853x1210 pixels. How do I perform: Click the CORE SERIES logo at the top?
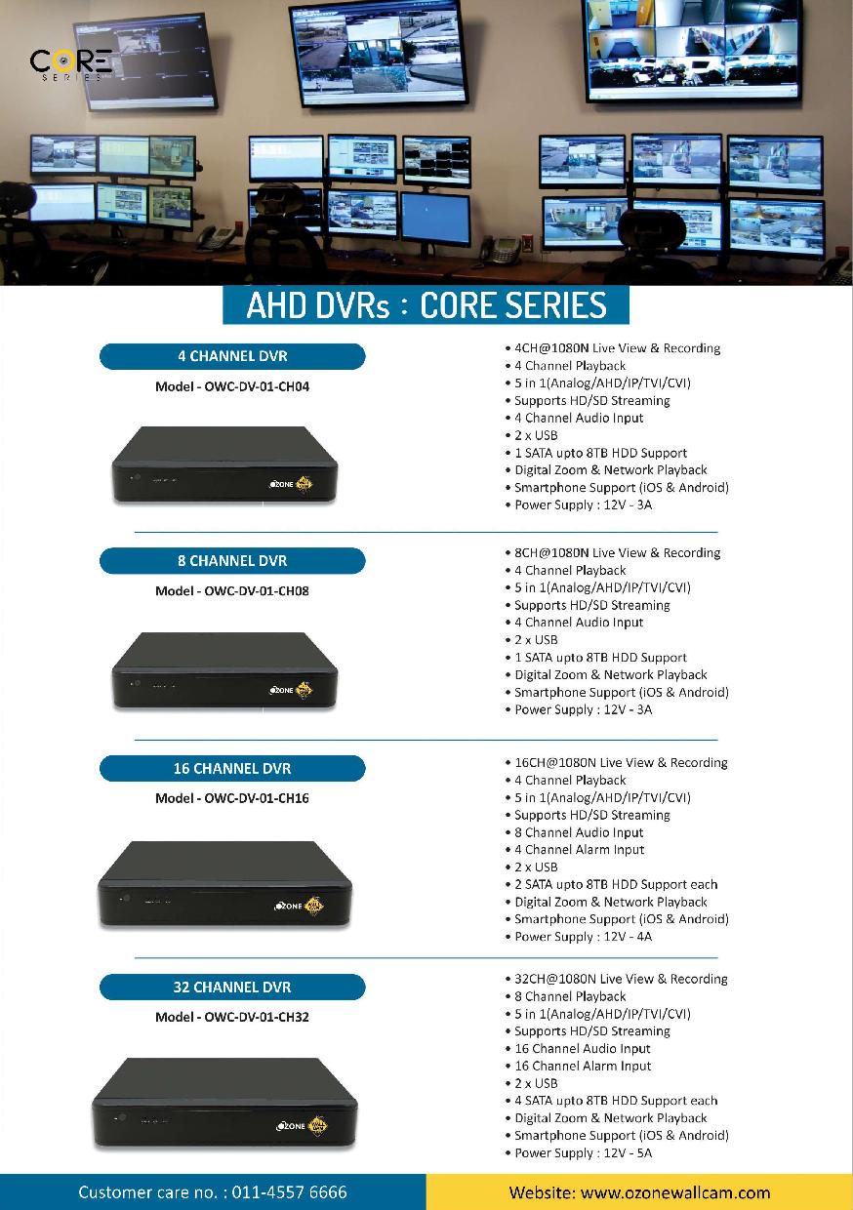[x=71, y=64]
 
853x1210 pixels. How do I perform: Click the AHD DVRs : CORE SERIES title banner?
[x=426, y=305]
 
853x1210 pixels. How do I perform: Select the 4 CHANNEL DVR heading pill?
[x=232, y=356]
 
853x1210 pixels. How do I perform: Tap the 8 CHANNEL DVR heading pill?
[x=232, y=561]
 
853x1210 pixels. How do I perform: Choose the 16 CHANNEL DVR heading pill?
[x=232, y=768]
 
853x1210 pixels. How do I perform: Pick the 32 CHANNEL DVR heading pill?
[x=232, y=988]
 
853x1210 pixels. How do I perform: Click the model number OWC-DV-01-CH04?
[x=256, y=386]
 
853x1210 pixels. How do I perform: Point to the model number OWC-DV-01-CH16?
[x=256, y=798]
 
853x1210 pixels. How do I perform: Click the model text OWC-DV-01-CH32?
[x=256, y=1017]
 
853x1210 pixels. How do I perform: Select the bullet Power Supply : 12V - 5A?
[x=583, y=1153]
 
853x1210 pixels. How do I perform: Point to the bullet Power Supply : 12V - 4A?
[x=583, y=937]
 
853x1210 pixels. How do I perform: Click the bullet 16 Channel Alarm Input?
[x=583, y=1067]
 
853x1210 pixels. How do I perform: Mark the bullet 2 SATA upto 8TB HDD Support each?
[x=616, y=885]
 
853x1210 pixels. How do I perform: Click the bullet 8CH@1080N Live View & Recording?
[x=617, y=553]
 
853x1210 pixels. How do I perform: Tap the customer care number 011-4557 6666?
[x=289, y=1192]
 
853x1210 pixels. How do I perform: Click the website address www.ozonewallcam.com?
[x=674, y=1192]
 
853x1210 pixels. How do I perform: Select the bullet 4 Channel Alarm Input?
[x=579, y=850]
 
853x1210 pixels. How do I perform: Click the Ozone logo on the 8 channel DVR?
[x=292, y=690]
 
